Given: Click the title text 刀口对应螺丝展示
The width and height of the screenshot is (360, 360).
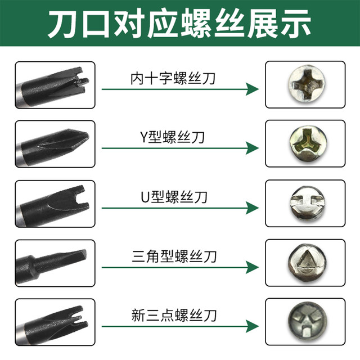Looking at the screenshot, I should click(179, 24).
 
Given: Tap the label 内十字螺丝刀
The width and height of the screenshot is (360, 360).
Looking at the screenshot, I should click(173, 78).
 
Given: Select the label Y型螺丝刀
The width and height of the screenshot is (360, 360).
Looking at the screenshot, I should click(173, 137).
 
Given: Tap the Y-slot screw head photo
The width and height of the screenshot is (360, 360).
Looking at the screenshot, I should click(305, 143).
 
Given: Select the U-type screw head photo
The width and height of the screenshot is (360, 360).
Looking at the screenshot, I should click(305, 204).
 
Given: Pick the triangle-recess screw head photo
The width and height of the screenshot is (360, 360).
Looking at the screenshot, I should click(305, 263).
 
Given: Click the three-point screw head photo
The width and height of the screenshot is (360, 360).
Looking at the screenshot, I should click(305, 322).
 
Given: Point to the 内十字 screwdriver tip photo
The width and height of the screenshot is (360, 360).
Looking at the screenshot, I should click(55, 84).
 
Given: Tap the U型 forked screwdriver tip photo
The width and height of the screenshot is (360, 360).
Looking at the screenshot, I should click(55, 204).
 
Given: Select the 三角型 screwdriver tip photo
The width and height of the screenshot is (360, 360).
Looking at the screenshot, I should click(55, 263).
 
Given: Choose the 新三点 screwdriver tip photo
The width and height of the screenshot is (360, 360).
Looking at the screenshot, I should click(55, 322).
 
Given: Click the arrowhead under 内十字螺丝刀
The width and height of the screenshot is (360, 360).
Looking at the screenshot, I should click(252, 89).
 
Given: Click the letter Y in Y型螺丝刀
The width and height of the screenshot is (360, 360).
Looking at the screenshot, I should click(143, 137).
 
